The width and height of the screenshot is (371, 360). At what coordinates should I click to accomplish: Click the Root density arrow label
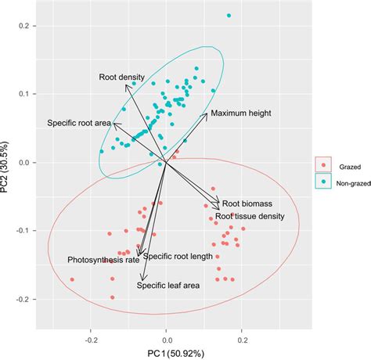coord(121,77)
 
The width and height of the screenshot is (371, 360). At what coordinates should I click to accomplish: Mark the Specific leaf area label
coord(168,285)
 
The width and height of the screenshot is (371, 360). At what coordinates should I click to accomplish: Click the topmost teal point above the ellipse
coord(229,15)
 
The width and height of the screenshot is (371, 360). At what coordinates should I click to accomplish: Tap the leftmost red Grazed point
coord(71,279)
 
